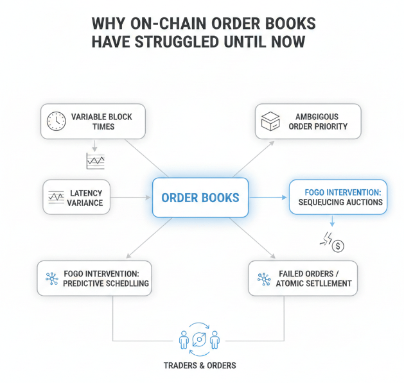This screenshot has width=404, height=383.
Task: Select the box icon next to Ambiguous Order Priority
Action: [x=268, y=121]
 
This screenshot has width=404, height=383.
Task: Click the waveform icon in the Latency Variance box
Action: [x=55, y=197]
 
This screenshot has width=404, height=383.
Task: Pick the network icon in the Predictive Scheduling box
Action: [x=51, y=278]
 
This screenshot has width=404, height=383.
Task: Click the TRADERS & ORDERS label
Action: [x=200, y=365]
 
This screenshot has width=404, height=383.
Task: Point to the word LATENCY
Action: [x=85, y=192]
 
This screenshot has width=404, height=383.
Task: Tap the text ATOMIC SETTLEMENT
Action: [x=314, y=283]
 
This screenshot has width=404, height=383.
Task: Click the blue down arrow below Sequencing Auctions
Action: [x=331, y=222]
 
